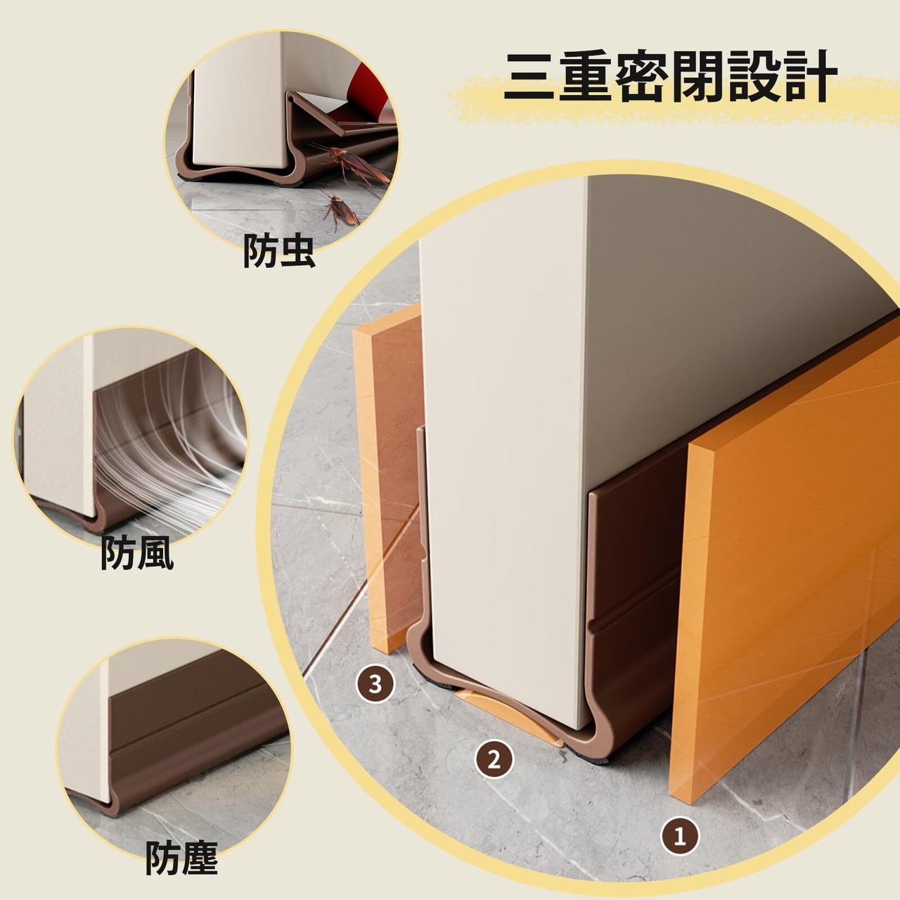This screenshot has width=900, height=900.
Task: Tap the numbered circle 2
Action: point(494,759)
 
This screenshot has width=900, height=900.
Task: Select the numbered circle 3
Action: point(375,683)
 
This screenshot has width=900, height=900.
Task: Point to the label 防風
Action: point(137,553)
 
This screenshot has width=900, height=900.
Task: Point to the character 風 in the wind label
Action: point(156,553)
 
